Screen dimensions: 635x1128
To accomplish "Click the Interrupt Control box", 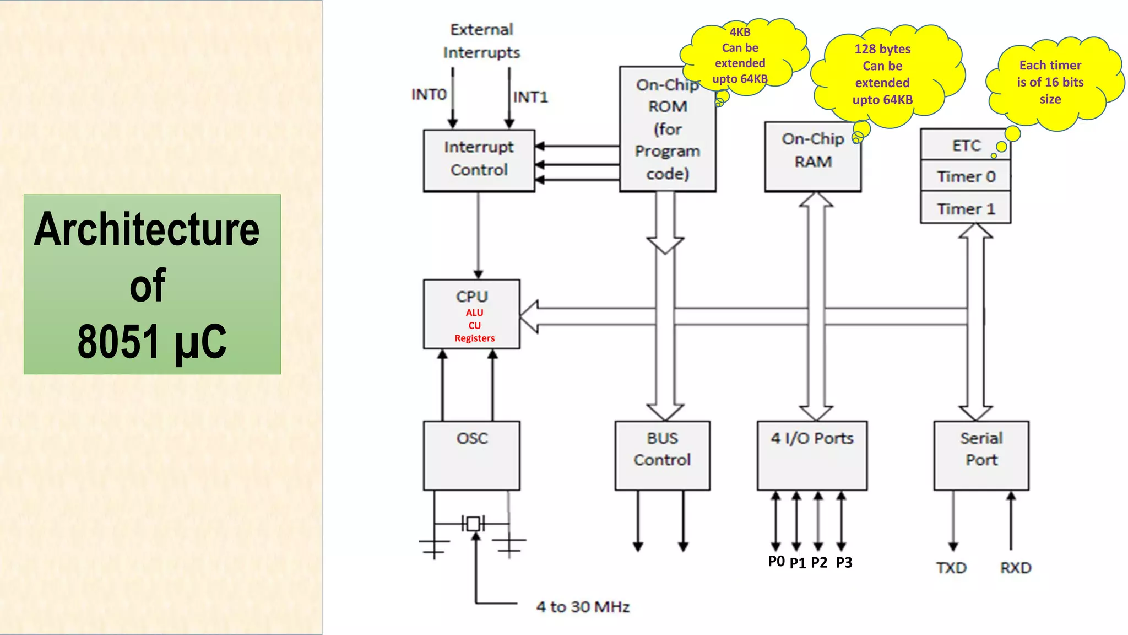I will coord(479,160).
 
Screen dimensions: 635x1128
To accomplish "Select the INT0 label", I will coord(429,95).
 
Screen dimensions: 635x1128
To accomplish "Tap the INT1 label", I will coord(530,97).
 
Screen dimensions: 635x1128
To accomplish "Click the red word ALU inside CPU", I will coord(474,313).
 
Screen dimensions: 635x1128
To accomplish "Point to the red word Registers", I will coord(474,338).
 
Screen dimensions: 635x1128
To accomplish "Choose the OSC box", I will coord(471,455).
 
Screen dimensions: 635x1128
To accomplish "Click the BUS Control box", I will coord(662,455).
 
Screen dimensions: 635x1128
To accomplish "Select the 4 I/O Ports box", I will coord(812,455).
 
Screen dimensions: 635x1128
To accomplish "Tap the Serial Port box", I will coord(981,455).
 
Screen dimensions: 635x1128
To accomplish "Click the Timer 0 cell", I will coord(966,176).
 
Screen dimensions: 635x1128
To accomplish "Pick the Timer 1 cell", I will coord(966,209).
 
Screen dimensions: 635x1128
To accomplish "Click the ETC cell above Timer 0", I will coord(966,146).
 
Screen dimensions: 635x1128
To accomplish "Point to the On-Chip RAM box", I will coord(812,157).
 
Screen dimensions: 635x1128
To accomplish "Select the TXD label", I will coord(951,568).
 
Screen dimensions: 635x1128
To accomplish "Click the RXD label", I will coord(1016,568).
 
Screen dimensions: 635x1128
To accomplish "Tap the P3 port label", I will coord(844,563).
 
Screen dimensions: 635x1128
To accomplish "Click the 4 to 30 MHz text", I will coord(583,607).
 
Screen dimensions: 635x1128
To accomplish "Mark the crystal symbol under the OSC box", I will coord(473,524).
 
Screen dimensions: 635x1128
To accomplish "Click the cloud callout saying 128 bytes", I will coord(882,74).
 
